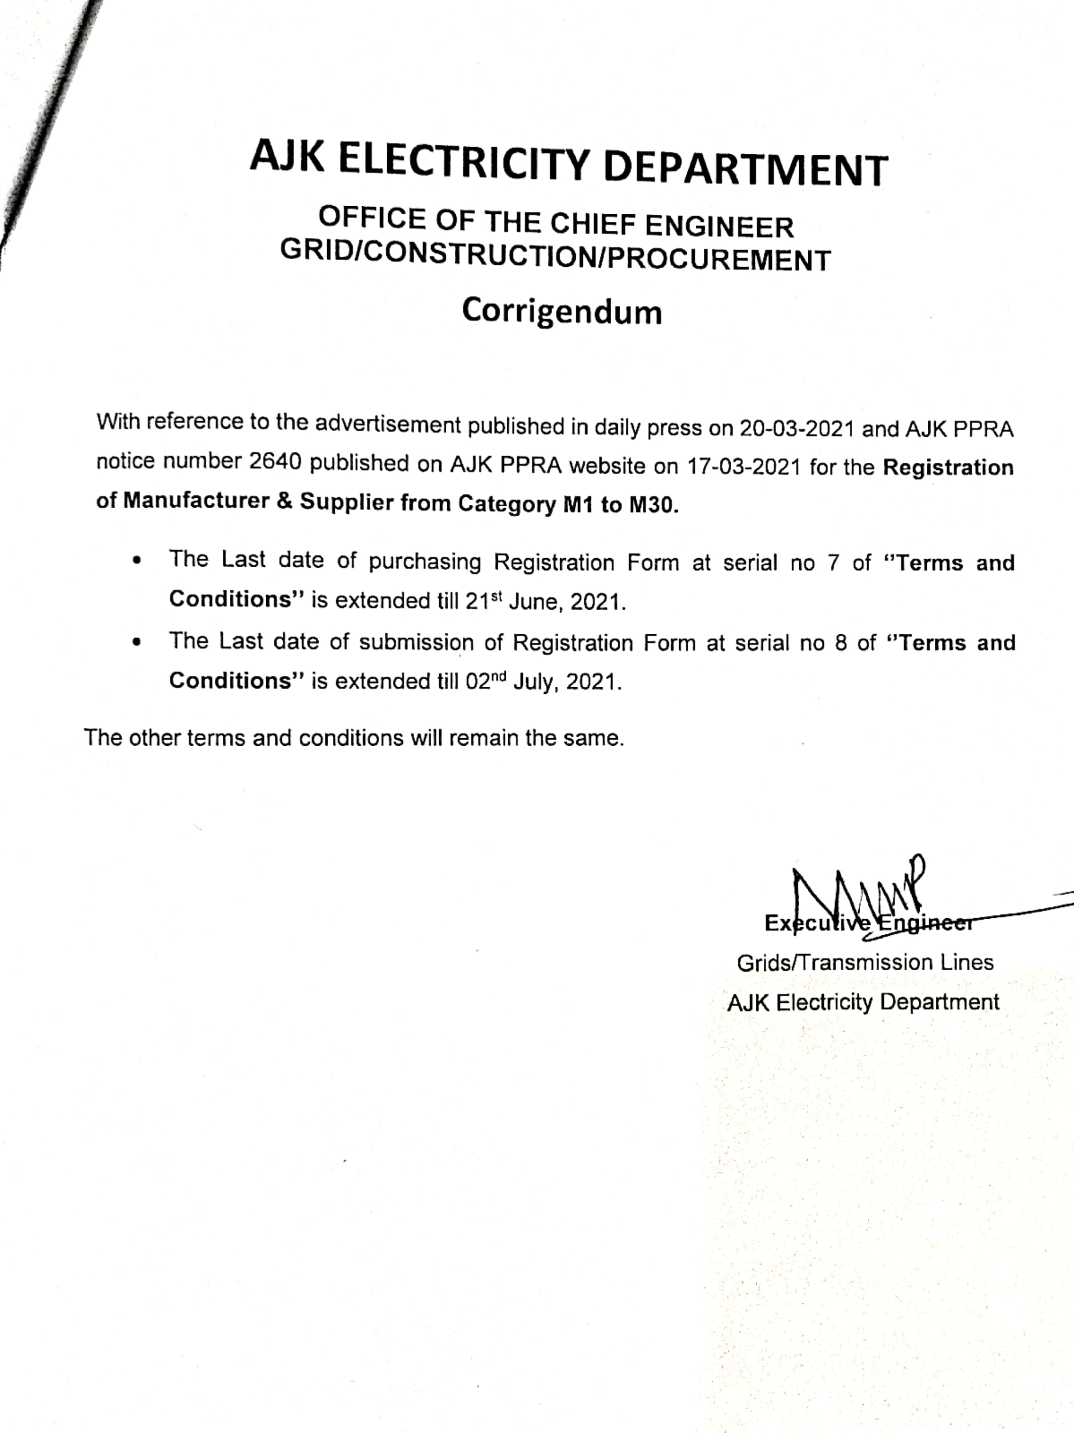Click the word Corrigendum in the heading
pos(561,312)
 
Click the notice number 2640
pos(275,463)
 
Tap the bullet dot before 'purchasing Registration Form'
pos(136,561)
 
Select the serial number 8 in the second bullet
pos(841,643)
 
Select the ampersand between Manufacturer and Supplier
pos(284,501)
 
